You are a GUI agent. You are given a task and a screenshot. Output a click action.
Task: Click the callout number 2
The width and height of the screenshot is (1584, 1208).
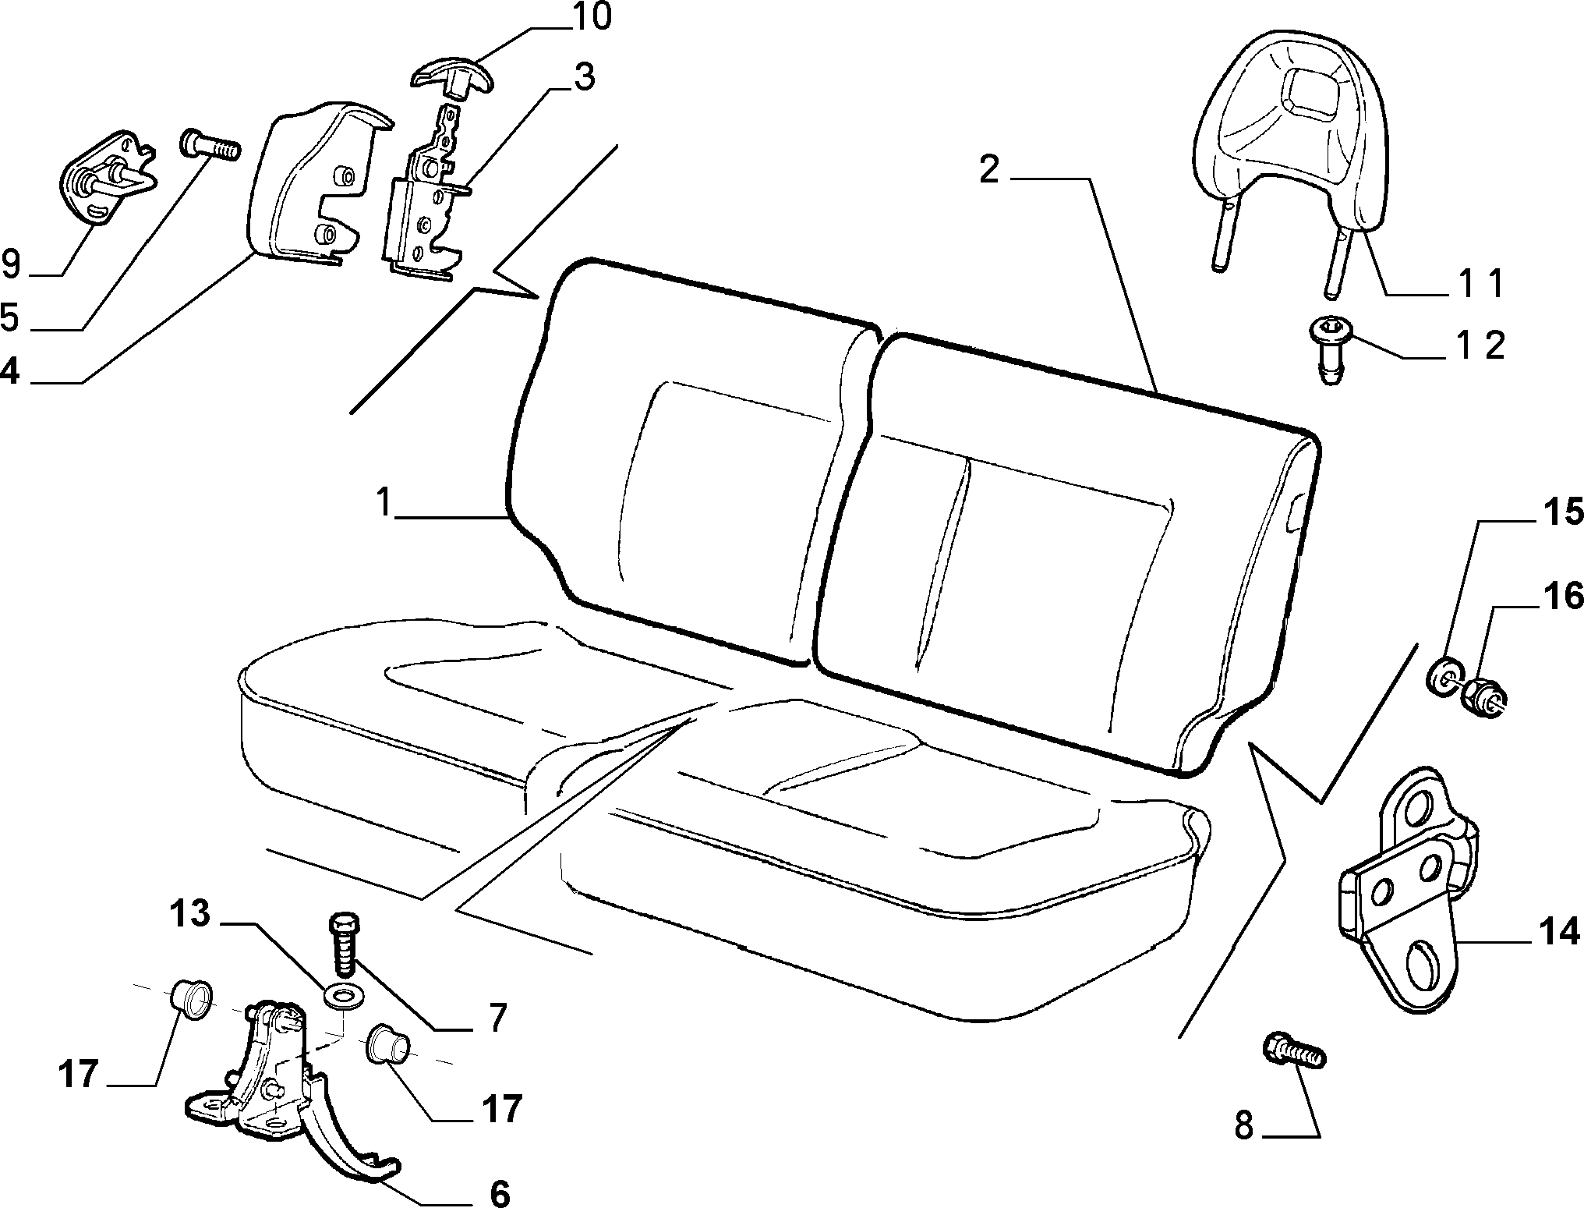[988, 170]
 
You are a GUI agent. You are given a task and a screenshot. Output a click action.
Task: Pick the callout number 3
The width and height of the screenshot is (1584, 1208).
[583, 78]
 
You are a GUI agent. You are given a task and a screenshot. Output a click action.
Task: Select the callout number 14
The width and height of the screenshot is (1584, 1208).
[1561, 932]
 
